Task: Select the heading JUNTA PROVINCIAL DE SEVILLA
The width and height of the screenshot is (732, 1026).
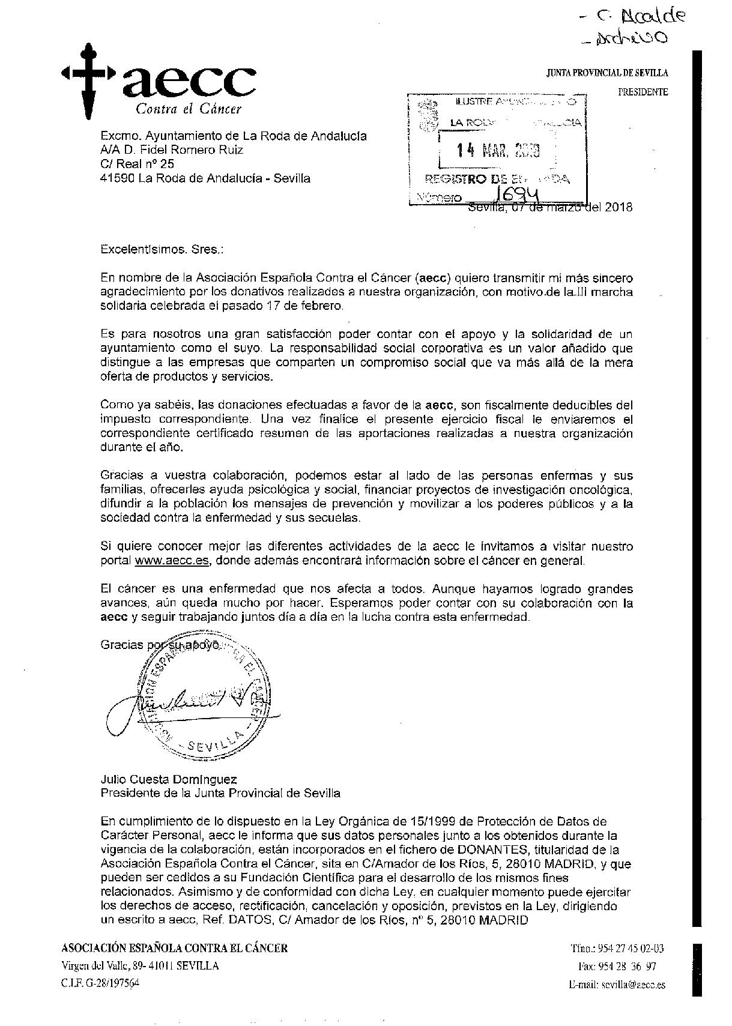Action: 606,73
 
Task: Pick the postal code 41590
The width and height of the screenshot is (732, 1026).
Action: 117,178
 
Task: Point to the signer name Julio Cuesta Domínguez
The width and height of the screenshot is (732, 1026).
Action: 169,779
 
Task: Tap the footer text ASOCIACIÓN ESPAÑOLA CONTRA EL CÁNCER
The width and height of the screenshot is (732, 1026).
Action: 175,949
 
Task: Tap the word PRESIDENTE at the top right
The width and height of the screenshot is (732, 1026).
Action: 643,92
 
